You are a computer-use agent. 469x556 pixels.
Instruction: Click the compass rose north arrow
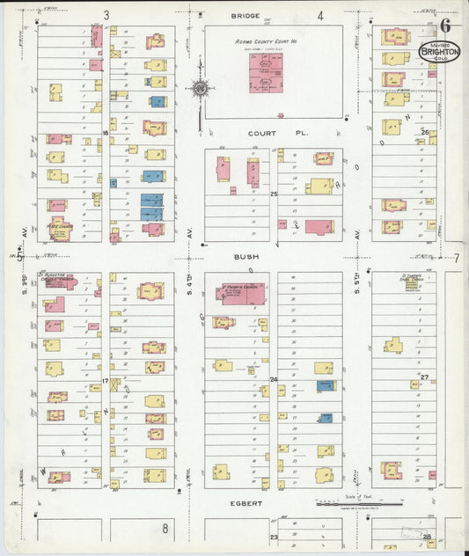point(201,88)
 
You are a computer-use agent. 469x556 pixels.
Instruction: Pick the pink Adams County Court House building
point(266,72)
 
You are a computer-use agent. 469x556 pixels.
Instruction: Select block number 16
point(105,133)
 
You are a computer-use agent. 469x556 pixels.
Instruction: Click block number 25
point(274,193)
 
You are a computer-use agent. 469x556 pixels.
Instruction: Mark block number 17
point(105,381)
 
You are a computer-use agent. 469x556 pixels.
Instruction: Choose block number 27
point(424,377)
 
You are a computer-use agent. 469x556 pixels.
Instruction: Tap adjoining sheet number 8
point(165,528)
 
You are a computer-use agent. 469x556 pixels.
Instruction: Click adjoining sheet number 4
point(320,15)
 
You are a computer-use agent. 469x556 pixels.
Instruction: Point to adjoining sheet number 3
point(106,15)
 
